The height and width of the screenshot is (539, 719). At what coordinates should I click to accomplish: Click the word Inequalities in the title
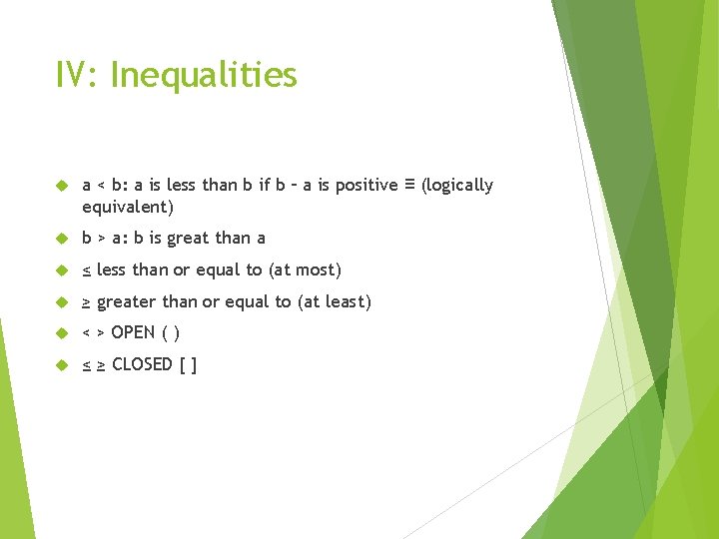204,76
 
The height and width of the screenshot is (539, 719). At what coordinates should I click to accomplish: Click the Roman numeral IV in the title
76,76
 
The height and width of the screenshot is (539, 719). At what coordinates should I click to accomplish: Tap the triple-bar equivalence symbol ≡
409,184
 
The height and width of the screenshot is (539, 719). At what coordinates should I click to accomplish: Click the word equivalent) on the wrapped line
128,208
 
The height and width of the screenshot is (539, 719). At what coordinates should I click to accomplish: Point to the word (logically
457,186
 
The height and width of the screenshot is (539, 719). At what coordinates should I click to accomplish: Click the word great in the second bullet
190,239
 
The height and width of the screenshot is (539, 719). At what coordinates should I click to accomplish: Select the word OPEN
133,332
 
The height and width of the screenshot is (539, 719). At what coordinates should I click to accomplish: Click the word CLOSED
142,364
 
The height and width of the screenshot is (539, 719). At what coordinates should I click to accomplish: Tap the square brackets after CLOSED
188,365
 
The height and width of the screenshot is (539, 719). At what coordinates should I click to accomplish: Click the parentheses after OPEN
171,333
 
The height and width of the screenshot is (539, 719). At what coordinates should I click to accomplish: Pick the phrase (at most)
306,270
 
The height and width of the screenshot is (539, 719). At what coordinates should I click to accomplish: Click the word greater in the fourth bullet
127,302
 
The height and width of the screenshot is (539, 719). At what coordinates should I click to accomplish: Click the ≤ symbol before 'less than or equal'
87,270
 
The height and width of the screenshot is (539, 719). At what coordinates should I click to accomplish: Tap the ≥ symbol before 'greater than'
87,302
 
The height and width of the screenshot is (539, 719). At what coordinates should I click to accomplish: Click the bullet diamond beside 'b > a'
60,239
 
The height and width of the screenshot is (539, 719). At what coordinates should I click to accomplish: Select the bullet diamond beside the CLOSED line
60,365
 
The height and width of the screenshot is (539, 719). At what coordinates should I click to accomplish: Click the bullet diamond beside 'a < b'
60,186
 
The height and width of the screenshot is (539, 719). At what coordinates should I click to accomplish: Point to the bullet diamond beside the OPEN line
60,333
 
